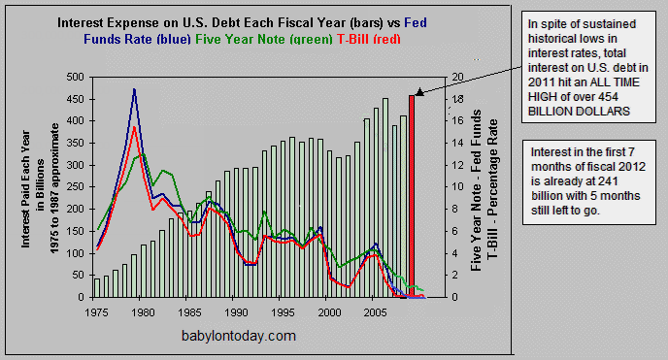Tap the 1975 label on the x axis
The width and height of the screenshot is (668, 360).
97,312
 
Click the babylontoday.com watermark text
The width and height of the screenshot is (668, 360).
238,336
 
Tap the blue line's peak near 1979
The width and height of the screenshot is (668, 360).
134,90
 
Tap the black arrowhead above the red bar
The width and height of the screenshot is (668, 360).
418,91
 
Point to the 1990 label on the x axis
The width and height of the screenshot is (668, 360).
237,312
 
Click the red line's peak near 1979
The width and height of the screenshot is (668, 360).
134,127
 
